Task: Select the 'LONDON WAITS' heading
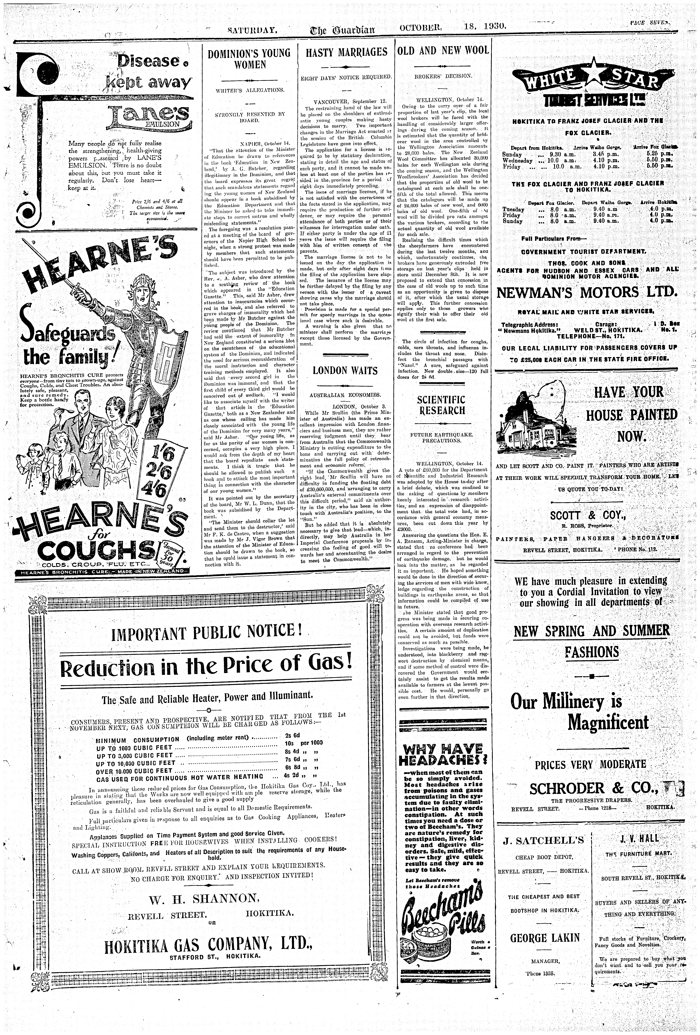pos(345,371)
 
